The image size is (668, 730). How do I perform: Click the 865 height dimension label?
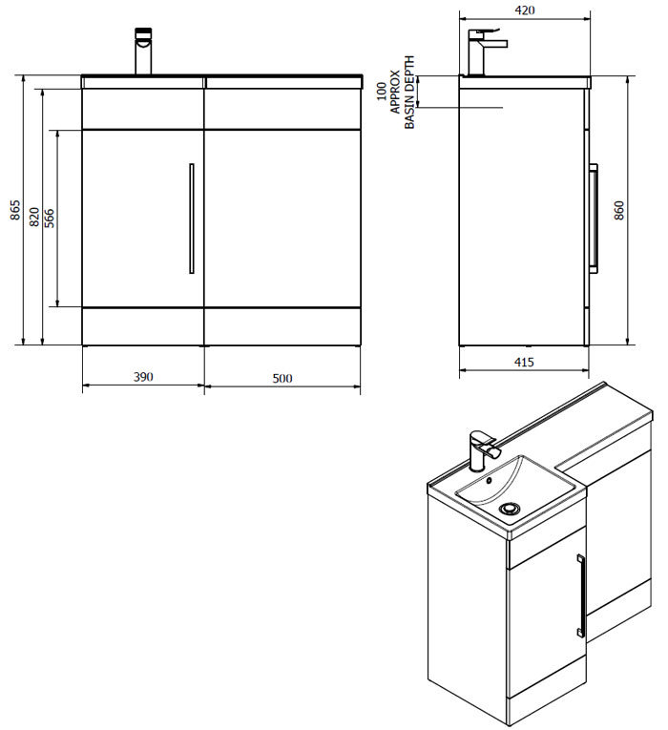(x=14, y=210)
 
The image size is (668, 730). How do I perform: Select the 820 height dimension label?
(x=34, y=217)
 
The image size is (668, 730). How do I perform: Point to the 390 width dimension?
(x=142, y=377)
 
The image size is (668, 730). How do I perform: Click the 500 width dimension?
(x=282, y=377)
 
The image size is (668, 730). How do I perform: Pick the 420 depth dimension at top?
(x=524, y=10)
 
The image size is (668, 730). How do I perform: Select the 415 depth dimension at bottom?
(x=524, y=362)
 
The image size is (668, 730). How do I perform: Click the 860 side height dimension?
(x=645, y=210)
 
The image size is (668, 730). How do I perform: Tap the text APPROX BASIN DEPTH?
(x=404, y=93)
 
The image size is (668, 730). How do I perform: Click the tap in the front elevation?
(x=143, y=52)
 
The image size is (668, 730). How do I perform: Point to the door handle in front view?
(x=192, y=219)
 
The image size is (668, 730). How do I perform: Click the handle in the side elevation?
(x=595, y=219)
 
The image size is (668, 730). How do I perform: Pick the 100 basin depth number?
(x=382, y=92)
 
